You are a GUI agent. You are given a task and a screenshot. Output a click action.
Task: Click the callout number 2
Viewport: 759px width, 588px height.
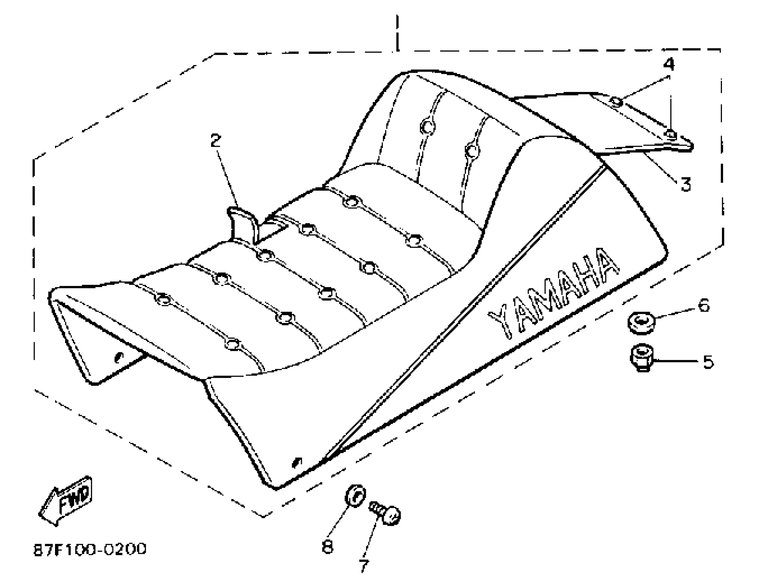click(x=216, y=140)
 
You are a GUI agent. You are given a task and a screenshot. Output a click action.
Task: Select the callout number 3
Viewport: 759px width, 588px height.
click(x=685, y=184)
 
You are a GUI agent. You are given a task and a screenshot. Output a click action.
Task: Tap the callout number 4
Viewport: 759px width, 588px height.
click(x=669, y=64)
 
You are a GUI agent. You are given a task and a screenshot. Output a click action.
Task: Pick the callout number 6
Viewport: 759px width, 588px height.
click(x=704, y=305)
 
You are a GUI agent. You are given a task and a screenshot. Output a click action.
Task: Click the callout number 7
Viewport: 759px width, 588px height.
click(x=363, y=566)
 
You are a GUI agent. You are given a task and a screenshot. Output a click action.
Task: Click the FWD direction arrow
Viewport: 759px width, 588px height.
click(x=66, y=500)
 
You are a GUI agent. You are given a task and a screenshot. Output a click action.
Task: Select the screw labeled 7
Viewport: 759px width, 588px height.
click(x=386, y=513)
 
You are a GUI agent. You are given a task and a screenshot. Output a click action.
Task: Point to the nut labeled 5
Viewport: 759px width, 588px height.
click(x=642, y=357)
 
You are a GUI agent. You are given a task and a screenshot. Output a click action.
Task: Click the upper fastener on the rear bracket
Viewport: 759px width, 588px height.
click(x=616, y=101)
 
